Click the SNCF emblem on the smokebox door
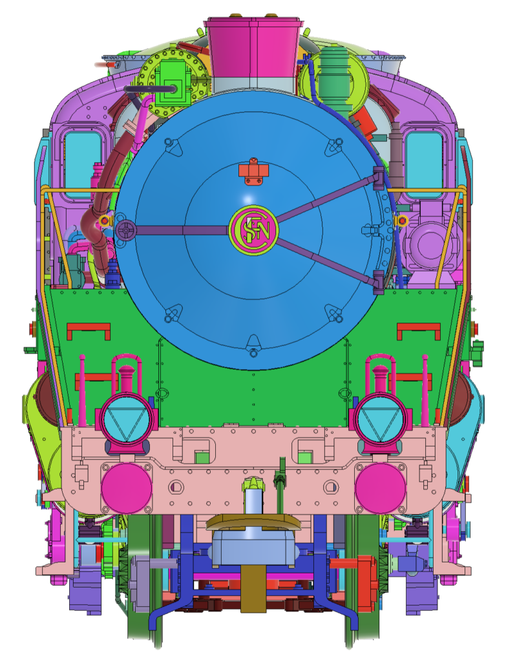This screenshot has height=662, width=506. tap(253, 230)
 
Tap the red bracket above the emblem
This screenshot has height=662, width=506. tap(253, 172)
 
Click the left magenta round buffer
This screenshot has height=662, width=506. tap(127, 489)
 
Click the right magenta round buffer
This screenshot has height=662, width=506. tap(381, 489)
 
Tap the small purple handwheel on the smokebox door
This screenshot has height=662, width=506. tap(125, 231)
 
